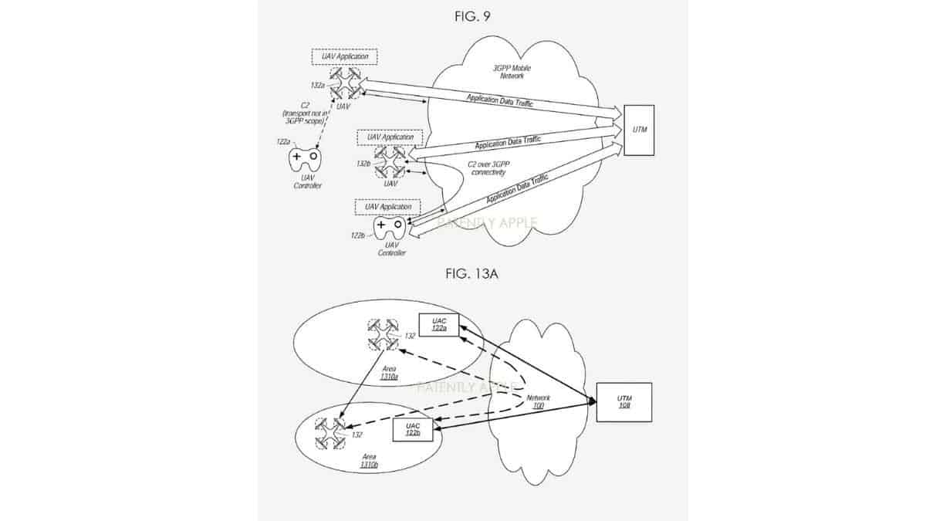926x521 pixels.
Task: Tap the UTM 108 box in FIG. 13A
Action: tap(624, 401)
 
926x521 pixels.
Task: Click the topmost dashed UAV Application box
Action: tap(340, 57)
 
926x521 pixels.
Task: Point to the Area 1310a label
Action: tap(389, 373)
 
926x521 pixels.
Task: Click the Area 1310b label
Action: tap(369, 462)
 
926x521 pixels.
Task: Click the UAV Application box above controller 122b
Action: tap(388, 208)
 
